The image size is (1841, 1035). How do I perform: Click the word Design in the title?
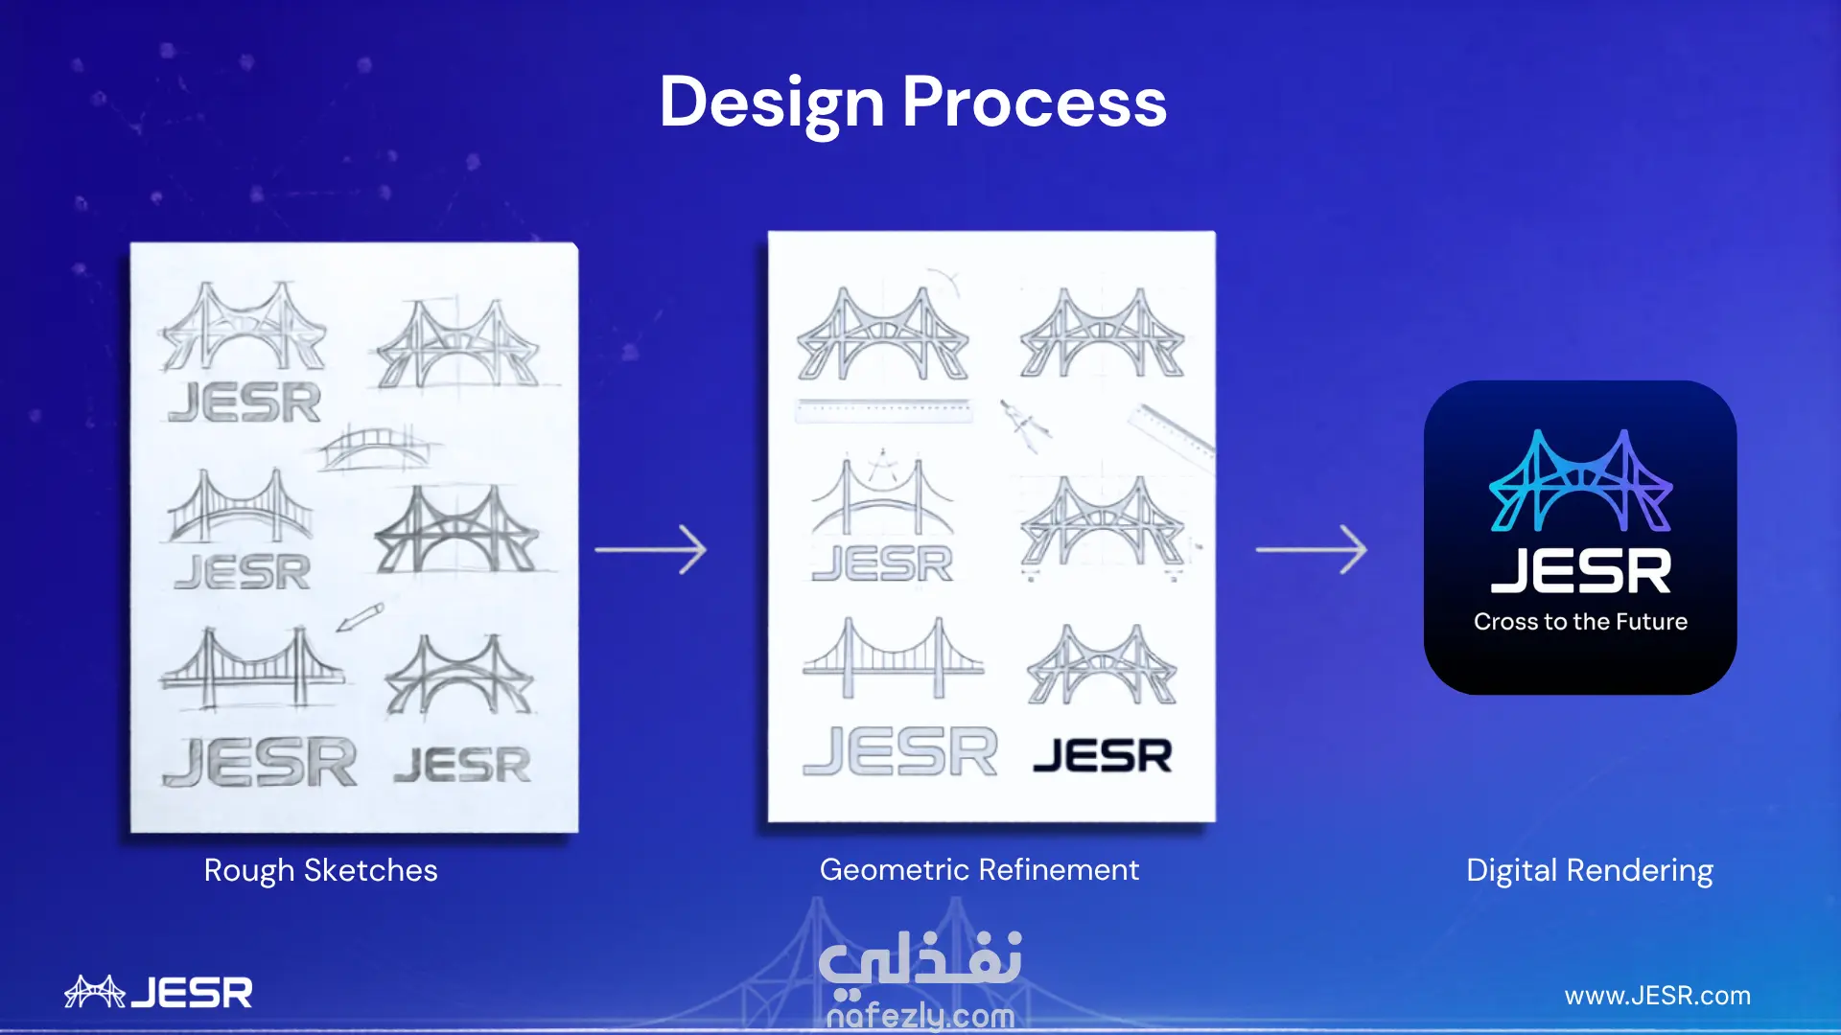tap(771, 103)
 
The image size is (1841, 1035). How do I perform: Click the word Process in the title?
tap(1035, 102)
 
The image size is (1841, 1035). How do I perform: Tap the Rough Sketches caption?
tap(320, 870)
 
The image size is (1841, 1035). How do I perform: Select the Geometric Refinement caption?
tap(979, 869)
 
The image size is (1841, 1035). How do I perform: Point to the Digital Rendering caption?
tap(1590, 870)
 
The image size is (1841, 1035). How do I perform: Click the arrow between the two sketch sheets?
tap(651, 549)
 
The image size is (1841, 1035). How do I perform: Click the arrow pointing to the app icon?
tap(1312, 549)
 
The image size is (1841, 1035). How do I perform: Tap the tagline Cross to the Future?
tap(1580, 621)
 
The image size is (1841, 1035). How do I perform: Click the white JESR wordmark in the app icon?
tap(1581, 571)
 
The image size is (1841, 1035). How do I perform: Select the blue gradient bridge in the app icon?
tap(1581, 481)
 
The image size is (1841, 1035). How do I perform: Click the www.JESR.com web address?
tap(1657, 996)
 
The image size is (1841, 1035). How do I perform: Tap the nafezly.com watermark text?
tap(920, 1015)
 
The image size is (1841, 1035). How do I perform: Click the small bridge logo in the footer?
tap(95, 991)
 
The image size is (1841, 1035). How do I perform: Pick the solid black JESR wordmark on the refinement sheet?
tap(1103, 755)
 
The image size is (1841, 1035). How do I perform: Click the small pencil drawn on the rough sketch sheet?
tap(360, 617)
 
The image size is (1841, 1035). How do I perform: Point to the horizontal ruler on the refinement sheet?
tap(884, 410)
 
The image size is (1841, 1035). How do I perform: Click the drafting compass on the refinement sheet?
tap(1024, 425)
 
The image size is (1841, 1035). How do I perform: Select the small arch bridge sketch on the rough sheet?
tap(378, 448)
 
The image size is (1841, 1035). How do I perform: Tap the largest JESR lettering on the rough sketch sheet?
tap(260, 762)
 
